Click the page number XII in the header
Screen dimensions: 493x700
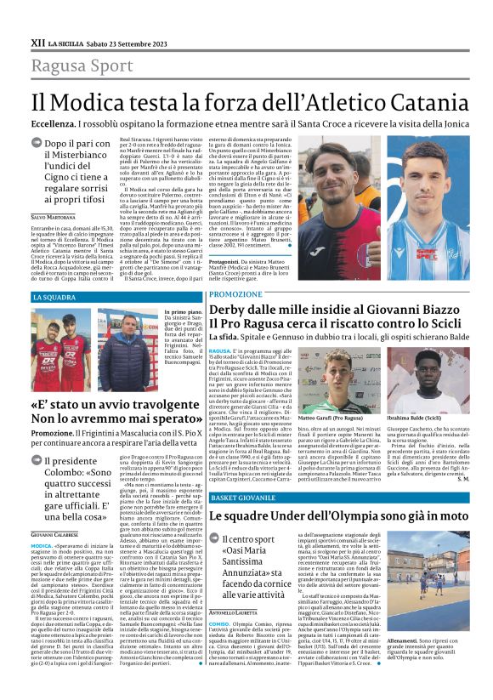37,41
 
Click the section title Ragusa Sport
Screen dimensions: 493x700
82,65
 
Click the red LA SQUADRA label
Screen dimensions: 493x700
55,297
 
